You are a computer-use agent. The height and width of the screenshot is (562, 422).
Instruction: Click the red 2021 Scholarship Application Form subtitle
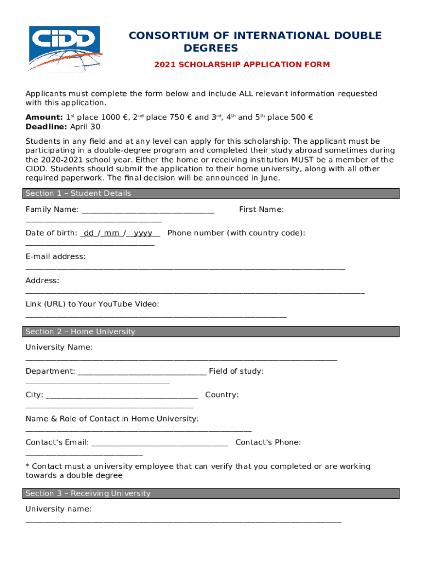242,65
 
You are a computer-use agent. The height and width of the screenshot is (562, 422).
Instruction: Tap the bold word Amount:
44,117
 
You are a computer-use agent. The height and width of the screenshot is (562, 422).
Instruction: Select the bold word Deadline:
47,127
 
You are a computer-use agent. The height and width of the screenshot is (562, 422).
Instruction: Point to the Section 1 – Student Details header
78,194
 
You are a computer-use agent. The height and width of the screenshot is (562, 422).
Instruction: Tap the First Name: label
261,210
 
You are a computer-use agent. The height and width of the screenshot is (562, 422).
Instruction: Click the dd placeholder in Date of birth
89,233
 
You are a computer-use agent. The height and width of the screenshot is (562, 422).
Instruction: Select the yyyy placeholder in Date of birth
143,233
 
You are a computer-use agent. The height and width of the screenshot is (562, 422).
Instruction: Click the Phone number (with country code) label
236,233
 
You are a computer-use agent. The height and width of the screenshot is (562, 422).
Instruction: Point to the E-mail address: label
55,257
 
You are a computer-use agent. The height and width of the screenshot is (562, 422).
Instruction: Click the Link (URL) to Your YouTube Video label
92,304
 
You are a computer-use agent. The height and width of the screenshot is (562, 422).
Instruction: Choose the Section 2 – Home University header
80,332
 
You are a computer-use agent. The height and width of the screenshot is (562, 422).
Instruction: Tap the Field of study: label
236,372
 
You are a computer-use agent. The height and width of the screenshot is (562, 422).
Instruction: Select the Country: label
222,395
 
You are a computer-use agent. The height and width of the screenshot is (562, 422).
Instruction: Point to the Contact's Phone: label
268,443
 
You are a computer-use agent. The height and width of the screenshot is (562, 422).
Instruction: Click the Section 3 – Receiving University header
88,494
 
